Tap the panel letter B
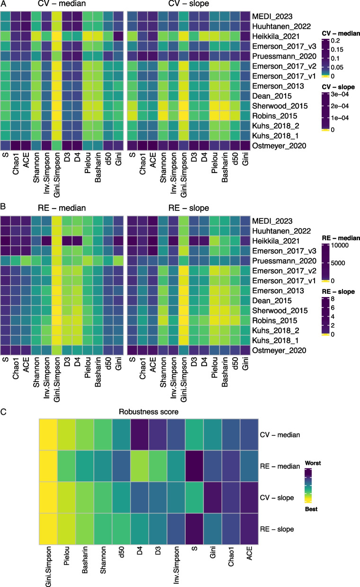3,208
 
